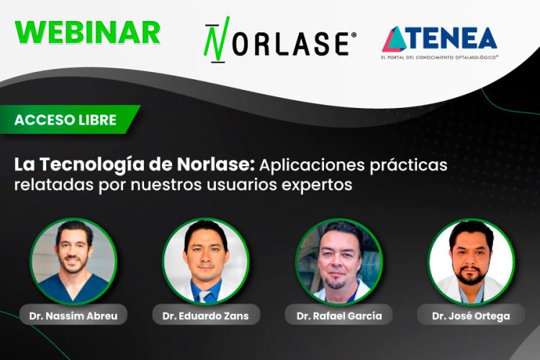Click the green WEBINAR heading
[87, 32]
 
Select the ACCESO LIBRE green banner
[66, 120]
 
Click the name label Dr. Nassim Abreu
[73, 315]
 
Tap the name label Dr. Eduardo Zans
[206, 315]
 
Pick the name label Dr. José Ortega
[471, 315]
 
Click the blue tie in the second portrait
[207, 296]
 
